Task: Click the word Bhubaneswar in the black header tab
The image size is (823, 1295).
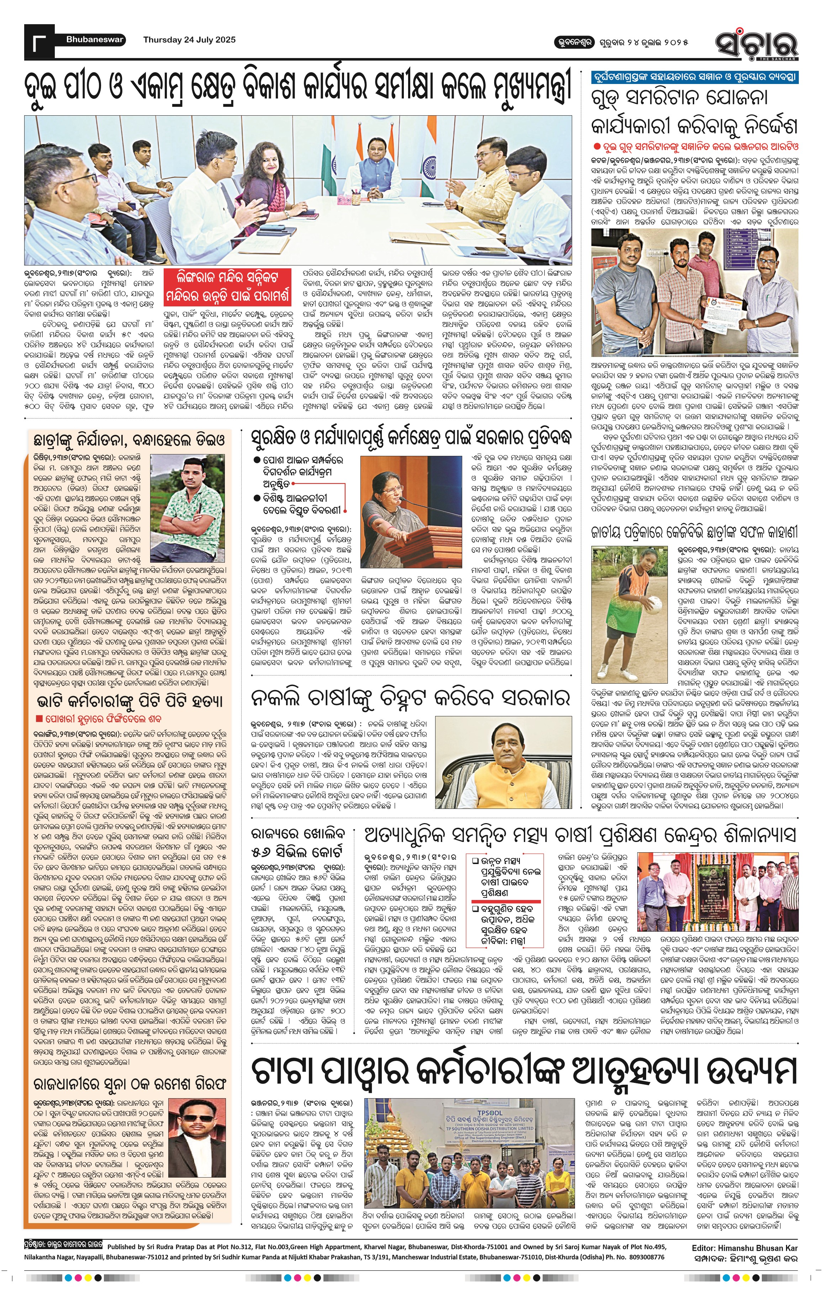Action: pyautogui.click(x=95, y=39)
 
